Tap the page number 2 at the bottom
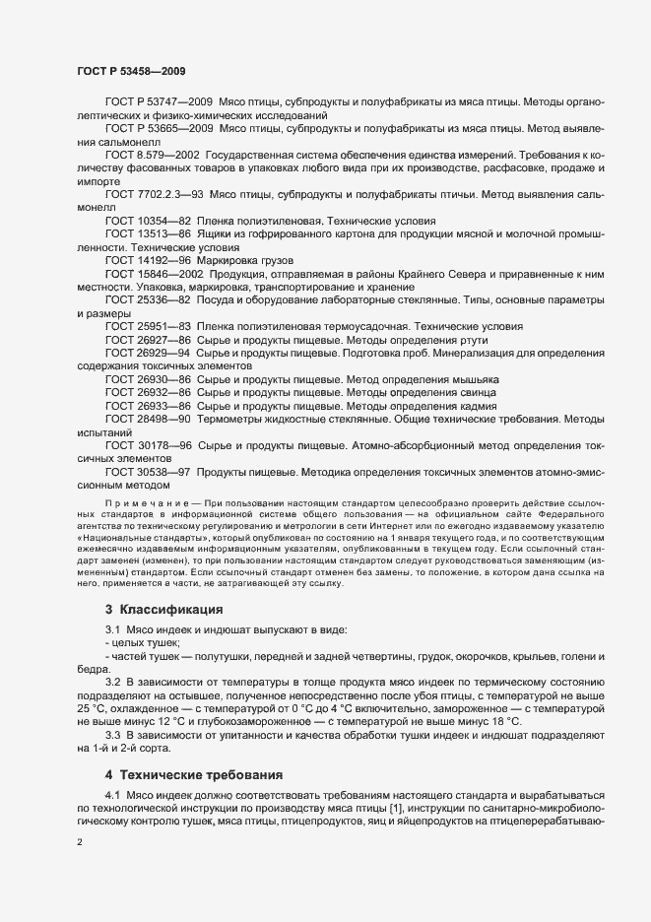(x=80, y=844)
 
